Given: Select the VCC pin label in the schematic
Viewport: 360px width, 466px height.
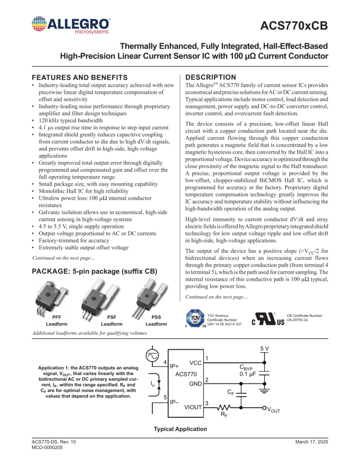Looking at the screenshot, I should point(195,363).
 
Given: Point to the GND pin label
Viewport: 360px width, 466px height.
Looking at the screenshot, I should point(195,384).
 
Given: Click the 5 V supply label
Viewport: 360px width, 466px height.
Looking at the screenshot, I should point(265,349).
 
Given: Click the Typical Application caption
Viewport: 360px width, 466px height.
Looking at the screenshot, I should point(180,429).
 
